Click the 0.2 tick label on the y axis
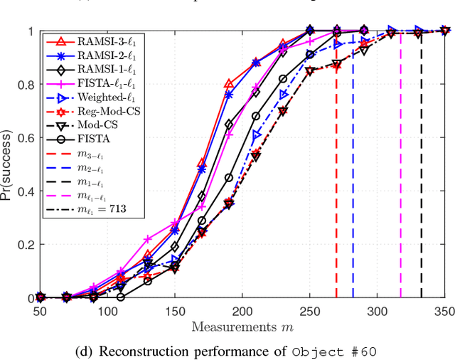(23, 245)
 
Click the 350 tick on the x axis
(444, 311)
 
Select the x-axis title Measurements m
(242, 327)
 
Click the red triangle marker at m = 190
(228, 84)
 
